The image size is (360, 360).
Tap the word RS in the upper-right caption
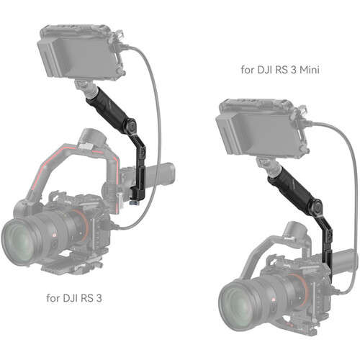[284, 71]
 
